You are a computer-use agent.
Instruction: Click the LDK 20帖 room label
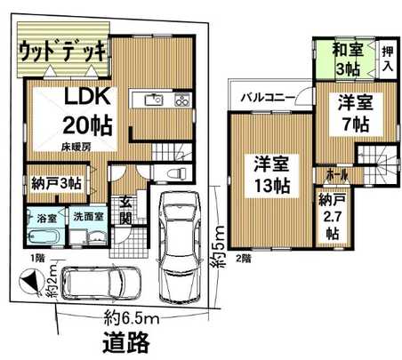click(86, 110)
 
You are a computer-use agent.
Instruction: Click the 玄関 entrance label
click(126, 210)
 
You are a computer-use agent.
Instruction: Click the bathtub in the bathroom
click(43, 238)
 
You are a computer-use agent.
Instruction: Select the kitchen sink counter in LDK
click(161, 100)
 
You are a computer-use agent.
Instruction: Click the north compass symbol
click(31, 284)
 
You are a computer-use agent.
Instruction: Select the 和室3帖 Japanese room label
click(346, 58)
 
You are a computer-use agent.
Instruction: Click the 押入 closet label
click(389, 60)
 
